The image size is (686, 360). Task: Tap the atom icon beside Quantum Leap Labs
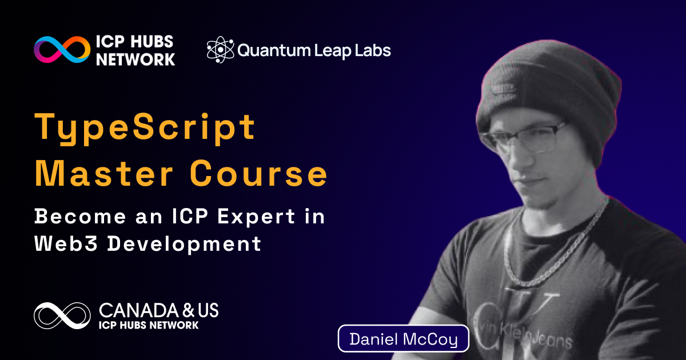220,50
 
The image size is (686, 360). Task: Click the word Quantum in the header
274,50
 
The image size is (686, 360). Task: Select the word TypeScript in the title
145,128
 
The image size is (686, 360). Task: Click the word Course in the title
258,173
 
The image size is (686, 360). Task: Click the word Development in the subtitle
184,245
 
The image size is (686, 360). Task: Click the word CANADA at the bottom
139,310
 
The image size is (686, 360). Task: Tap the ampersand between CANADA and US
188,310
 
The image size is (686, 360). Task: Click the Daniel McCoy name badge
404,338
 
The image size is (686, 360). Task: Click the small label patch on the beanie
502,88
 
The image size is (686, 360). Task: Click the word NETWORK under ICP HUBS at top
135,59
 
